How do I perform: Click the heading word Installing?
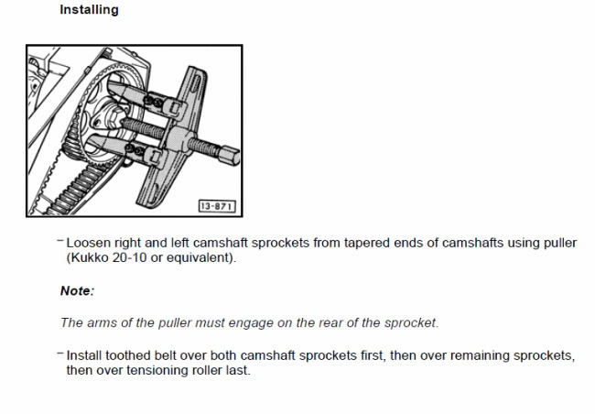[x=89, y=10]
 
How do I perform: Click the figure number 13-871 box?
[x=217, y=206]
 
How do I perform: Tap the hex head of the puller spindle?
[x=229, y=155]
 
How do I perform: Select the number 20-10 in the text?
[x=129, y=257]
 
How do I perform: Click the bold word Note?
[x=77, y=291]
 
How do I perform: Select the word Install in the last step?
[x=84, y=355]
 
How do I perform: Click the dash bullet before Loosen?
[x=59, y=240]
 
